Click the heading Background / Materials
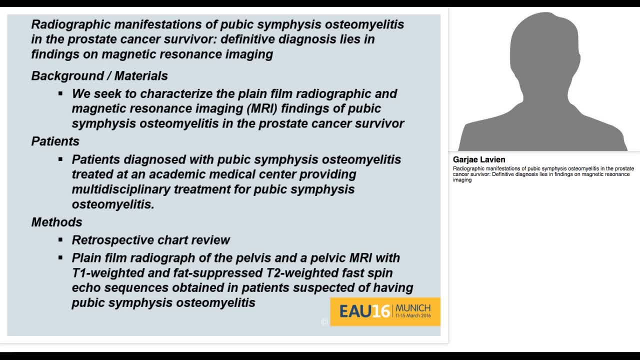tap(99, 76)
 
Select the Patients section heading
tap(55, 141)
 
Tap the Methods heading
tap(56, 222)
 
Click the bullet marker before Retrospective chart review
tap(60, 240)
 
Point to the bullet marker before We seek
tap(60, 93)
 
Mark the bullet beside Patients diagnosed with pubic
tap(60, 159)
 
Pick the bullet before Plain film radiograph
tap(60, 258)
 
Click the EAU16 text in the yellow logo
tap(364, 311)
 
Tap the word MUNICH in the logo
tap(413, 307)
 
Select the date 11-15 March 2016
tap(413, 316)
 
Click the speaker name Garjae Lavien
tap(479, 159)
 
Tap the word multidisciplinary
tap(129, 189)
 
